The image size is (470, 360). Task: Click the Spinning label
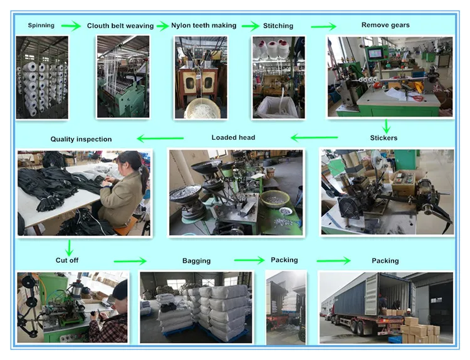(41, 26)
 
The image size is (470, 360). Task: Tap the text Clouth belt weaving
(120, 26)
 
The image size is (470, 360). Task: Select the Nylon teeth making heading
(204, 26)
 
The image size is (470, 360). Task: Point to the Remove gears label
(385, 25)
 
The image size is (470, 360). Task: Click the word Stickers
(384, 138)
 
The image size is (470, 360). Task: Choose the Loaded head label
(233, 137)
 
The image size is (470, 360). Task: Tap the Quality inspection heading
(81, 139)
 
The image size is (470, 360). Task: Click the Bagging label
(196, 261)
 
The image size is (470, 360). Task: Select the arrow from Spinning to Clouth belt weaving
(71, 26)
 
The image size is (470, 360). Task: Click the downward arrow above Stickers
(386, 126)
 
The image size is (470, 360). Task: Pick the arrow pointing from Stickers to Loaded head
(314, 138)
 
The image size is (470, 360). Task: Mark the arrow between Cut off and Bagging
(130, 261)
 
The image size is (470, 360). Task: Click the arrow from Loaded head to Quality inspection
(160, 139)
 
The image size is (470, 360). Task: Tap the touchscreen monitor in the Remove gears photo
(375, 54)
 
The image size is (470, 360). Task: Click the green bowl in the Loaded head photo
(275, 199)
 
